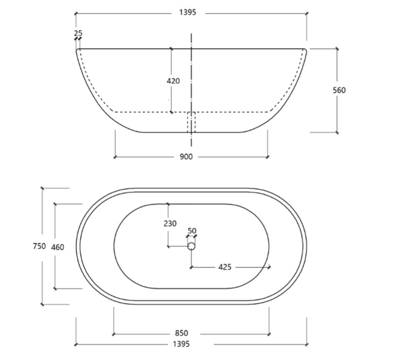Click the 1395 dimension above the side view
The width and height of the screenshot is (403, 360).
pos(188,13)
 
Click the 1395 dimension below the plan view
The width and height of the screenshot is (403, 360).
pos(181,344)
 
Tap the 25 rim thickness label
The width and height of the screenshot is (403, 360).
pos(78,33)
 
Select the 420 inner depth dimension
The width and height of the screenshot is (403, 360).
pos(173,81)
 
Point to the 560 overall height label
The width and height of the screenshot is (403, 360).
pos(339,90)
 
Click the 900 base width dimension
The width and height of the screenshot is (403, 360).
pos(186,157)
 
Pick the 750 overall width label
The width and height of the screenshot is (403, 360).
pos(39,246)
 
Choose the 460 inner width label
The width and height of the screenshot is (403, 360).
pos(58,247)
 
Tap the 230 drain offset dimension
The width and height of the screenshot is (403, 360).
pos(170,223)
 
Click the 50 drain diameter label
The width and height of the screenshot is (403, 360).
pos(192,231)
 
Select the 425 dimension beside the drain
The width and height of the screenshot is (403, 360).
pos(225,267)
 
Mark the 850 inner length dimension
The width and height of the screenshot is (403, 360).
pos(181,333)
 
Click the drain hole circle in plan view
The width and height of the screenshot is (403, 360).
pos(191,246)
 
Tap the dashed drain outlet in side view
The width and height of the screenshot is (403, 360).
pos(191,123)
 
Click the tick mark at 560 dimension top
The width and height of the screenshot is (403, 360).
pos(337,49)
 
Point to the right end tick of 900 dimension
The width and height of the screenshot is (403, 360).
pos(268,157)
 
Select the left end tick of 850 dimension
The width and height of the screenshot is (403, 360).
pos(114,334)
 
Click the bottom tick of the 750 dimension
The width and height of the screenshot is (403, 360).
pos(42,304)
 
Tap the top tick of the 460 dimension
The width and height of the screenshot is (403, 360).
pos(55,204)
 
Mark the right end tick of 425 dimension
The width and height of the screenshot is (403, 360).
pos(269,267)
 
